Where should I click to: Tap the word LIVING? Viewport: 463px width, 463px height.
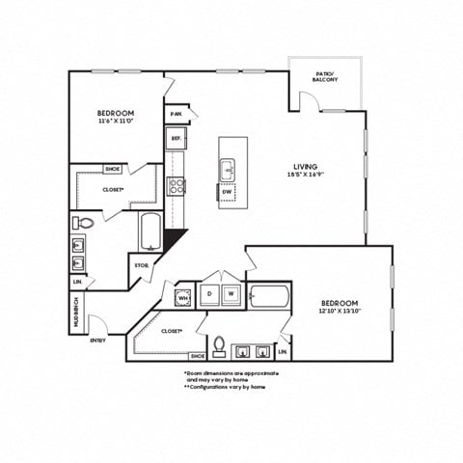pyautogui.click(x=307, y=166)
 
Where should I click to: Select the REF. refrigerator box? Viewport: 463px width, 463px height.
pyautogui.click(x=177, y=139)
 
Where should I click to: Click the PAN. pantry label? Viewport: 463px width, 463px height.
pyautogui.click(x=176, y=114)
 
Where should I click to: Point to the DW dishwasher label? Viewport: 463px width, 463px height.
pyautogui.click(x=227, y=191)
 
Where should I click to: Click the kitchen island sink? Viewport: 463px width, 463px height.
pyautogui.click(x=228, y=170)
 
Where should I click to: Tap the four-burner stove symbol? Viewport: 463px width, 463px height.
pyautogui.click(x=177, y=186)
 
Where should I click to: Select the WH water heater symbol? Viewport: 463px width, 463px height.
pyautogui.click(x=181, y=297)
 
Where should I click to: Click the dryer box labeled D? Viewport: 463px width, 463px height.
pyautogui.click(x=209, y=293)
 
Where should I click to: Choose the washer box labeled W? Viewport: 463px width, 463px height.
pyautogui.click(x=231, y=293)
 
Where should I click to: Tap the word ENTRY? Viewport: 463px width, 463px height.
pyautogui.click(x=97, y=340)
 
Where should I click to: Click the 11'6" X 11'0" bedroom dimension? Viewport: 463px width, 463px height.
pyautogui.click(x=115, y=121)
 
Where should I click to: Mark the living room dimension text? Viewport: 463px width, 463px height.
pyautogui.click(x=306, y=176)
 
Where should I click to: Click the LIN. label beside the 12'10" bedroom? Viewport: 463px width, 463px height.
pyautogui.click(x=284, y=338)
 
